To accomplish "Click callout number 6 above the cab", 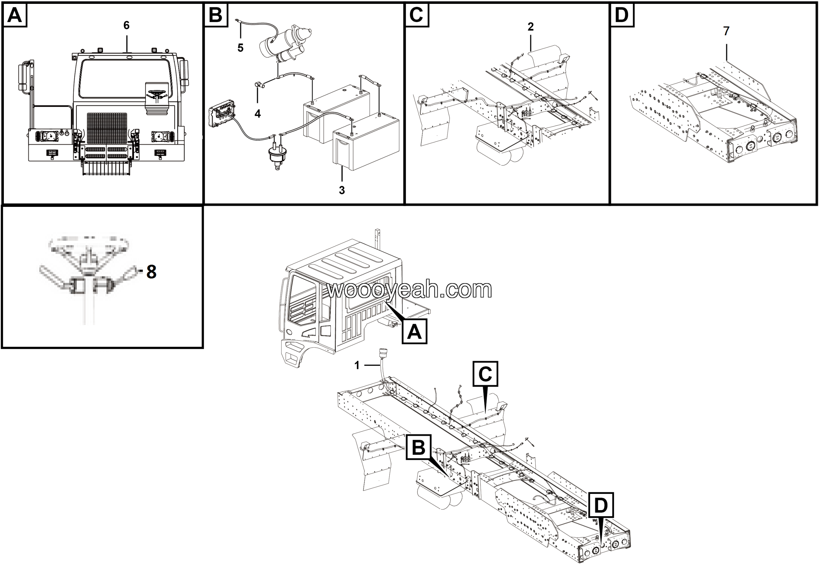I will pos(126,25).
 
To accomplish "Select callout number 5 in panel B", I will pos(240,48).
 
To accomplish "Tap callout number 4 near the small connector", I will pos(258,114).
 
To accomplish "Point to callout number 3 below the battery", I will pos(342,190).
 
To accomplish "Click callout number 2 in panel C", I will pos(530,27).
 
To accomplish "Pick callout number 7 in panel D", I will pos(726,31).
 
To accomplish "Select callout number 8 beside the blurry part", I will pos(151,272).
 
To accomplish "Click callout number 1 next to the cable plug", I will pos(357,365).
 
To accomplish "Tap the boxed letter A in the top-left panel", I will pos(15,15).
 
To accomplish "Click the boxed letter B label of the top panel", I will pos(215,15).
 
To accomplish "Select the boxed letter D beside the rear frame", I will pos(601,505).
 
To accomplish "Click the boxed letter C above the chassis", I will pos(485,374).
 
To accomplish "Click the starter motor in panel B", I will pos(285,45).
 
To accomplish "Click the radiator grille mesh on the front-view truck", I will pos(107,128).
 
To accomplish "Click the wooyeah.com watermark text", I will pos(409,289).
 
